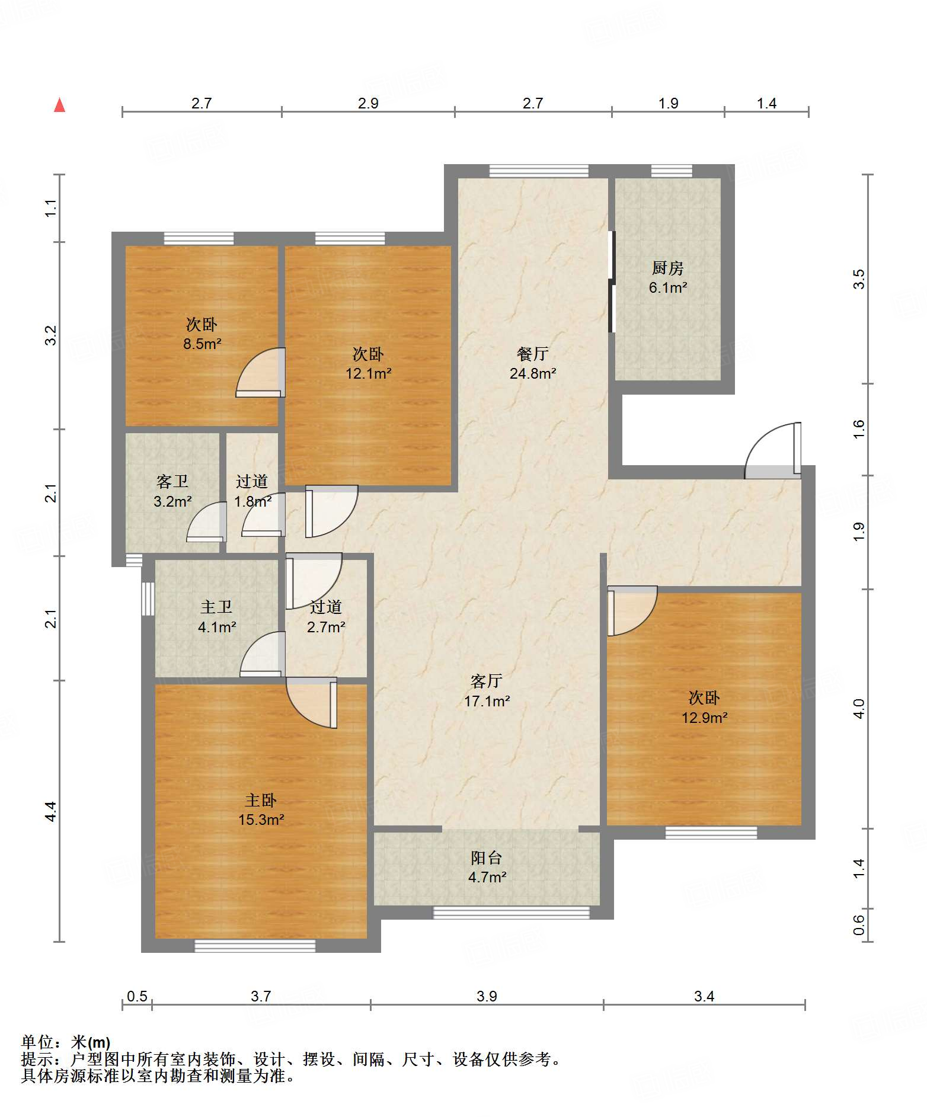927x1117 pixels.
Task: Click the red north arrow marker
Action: pyautogui.click(x=59, y=105)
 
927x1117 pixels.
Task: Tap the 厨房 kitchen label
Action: pyautogui.click(x=667, y=268)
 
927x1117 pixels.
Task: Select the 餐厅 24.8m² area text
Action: pyautogui.click(x=532, y=363)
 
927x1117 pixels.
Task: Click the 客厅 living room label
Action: pyautogui.click(x=487, y=681)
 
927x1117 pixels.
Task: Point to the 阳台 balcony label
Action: pyautogui.click(x=487, y=857)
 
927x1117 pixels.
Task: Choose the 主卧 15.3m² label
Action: pyautogui.click(x=261, y=810)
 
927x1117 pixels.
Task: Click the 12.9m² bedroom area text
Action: pyautogui.click(x=704, y=718)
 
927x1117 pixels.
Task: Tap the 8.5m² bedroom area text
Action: pyautogui.click(x=202, y=344)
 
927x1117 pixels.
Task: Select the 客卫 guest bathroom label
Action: pyautogui.click(x=172, y=481)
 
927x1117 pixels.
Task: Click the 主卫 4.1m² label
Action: pyautogui.click(x=217, y=617)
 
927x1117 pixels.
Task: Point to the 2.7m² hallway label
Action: pyautogui.click(x=326, y=627)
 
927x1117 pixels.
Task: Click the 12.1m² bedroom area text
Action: pyautogui.click(x=369, y=374)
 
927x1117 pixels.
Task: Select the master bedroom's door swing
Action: pyautogui.click(x=312, y=703)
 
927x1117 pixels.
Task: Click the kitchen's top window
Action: pyautogui.click(x=672, y=171)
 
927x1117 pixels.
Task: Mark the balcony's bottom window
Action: pyautogui.click(x=512, y=913)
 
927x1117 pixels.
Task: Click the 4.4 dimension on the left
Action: pyautogui.click(x=51, y=811)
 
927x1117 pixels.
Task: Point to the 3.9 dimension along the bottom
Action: pyautogui.click(x=487, y=996)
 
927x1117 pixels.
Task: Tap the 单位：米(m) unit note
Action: pyautogui.click(x=66, y=1042)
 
